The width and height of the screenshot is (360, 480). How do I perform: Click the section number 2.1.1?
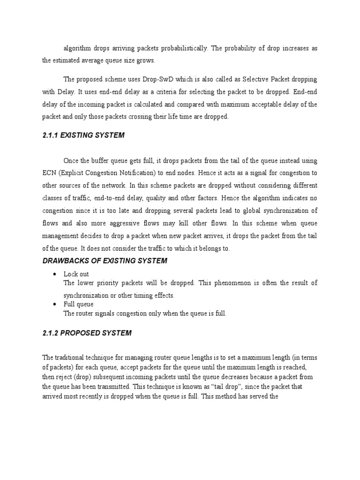pyautogui.click(x=50, y=135)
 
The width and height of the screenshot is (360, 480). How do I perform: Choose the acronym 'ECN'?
pyautogui.click(x=49, y=172)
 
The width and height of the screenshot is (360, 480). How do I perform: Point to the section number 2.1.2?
pyautogui.click(x=50, y=333)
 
